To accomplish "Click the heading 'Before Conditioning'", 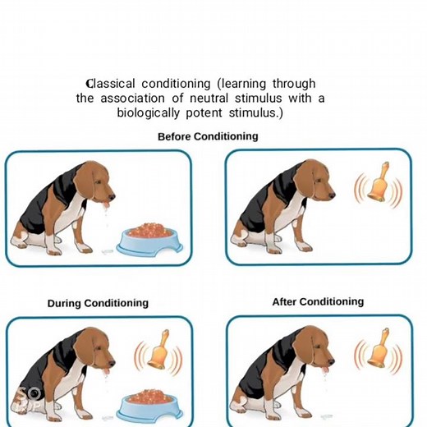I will tap(208, 136).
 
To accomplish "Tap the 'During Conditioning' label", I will tap(98, 303).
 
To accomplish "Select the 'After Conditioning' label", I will tap(318, 302).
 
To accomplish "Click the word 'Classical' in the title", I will tap(112, 84).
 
